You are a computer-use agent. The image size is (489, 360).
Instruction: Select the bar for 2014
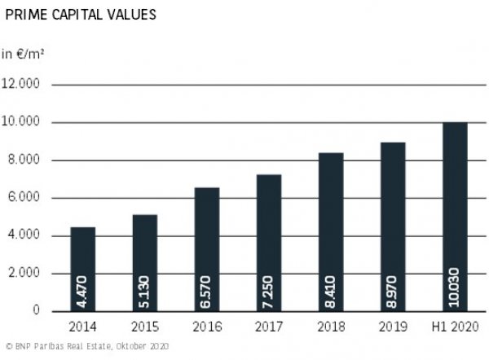tap(83, 269)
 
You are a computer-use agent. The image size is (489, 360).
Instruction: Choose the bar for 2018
tap(330, 232)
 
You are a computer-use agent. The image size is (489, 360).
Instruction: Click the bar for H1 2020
tap(454, 217)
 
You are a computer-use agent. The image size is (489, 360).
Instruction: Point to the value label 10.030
tap(454, 288)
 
